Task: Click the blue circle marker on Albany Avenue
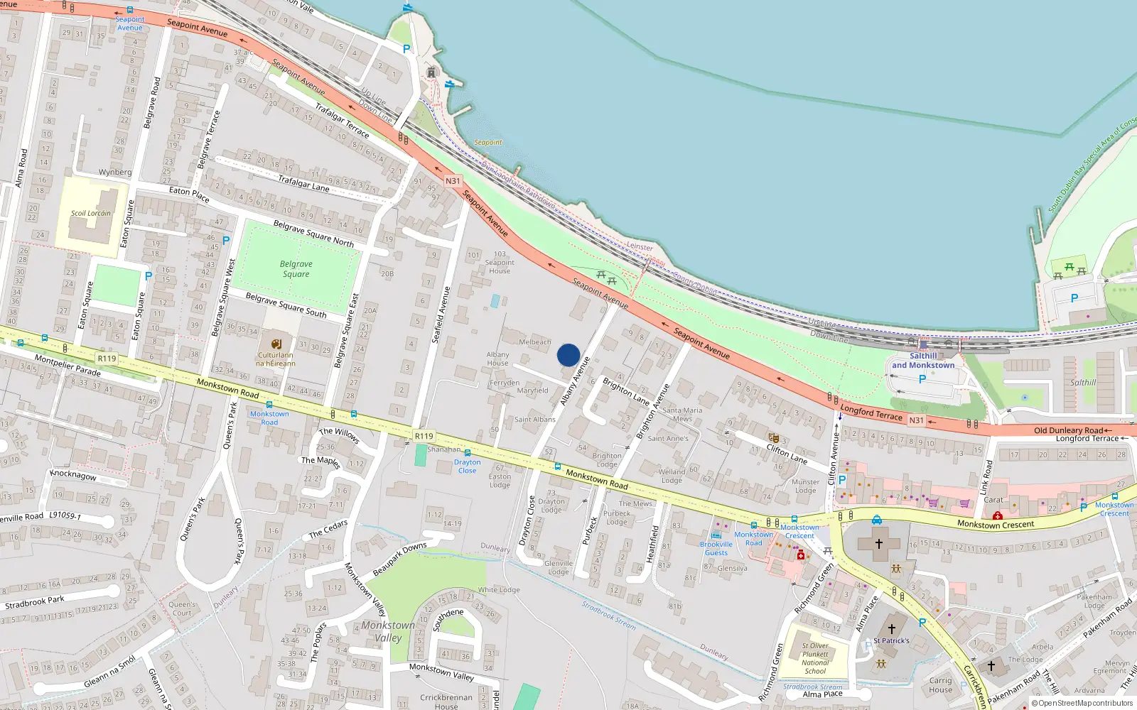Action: (x=568, y=355)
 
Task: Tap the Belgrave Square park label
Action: (x=296, y=269)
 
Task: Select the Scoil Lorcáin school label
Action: (x=90, y=213)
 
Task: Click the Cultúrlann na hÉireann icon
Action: (x=276, y=344)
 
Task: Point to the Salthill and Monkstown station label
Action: (x=923, y=361)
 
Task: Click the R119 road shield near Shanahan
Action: (x=424, y=436)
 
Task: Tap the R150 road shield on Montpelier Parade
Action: (x=107, y=359)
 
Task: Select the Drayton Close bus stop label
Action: (x=467, y=466)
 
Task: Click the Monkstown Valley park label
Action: (x=388, y=631)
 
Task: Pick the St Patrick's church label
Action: (x=891, y=640)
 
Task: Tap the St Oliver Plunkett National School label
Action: (x=815, y=658)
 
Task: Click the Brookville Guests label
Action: (x=716, y=548)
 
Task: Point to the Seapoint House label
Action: (x=500, y=262)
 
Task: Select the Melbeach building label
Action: (x=534, y=342)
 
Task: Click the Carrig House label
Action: (x=940, y=685)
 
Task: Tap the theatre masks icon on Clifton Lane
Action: (x=773, y=438)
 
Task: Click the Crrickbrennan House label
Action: (x=446, y=701)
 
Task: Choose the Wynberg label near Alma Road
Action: (x=115, y=172)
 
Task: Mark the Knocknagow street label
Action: (x=73, y=474)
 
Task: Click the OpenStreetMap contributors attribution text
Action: (x=1085, y=704)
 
